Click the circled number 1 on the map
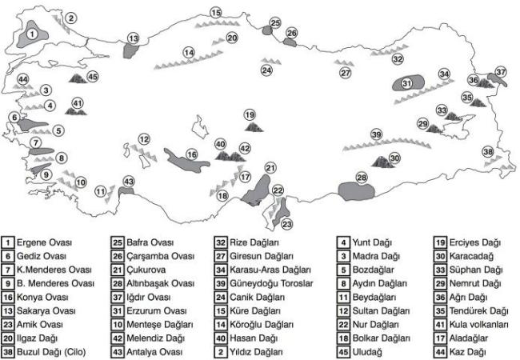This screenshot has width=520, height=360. point(32,34)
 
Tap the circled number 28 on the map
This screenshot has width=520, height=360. point(362,178)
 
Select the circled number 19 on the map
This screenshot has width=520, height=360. point(250,115)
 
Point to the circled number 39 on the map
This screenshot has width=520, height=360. point(377,135)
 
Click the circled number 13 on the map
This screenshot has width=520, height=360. point(134,38)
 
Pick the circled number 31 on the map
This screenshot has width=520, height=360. point(407,83)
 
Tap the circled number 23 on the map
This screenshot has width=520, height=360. point(287,225)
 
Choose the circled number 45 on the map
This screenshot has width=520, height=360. point(93,77)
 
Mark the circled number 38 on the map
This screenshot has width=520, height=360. point(488,152)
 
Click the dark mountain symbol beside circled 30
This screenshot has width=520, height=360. point(382,162)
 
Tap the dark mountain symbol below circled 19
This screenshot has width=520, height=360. point(254,127)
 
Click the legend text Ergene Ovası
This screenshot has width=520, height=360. point(44,242)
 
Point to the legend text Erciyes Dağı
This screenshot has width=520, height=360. point(475,242)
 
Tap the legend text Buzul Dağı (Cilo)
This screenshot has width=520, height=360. point(51,352)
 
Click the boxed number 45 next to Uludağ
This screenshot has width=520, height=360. point(343,352)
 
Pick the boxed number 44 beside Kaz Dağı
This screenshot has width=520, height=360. point(441,352)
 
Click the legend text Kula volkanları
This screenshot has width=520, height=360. point(478,325)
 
